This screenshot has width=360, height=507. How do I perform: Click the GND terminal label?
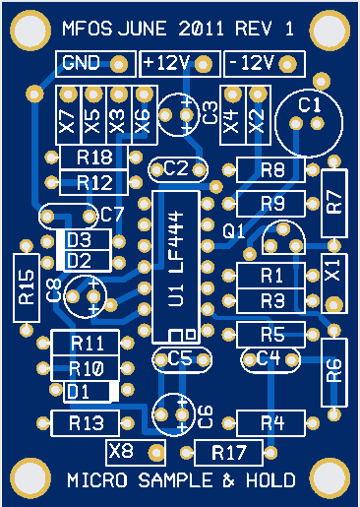click(80, 64)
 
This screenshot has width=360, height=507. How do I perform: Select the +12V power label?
click(166, 64)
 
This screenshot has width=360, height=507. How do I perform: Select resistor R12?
click(93, 182)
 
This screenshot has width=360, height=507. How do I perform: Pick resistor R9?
click(272, 204)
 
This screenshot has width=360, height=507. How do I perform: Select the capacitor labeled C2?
click(176, 168)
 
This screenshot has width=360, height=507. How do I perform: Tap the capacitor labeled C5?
click(180, 358)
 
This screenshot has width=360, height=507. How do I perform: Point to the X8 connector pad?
click(121, 452)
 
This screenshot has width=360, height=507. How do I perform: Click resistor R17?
click(228, 454)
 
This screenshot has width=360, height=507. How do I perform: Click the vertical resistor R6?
click(333, 370)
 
